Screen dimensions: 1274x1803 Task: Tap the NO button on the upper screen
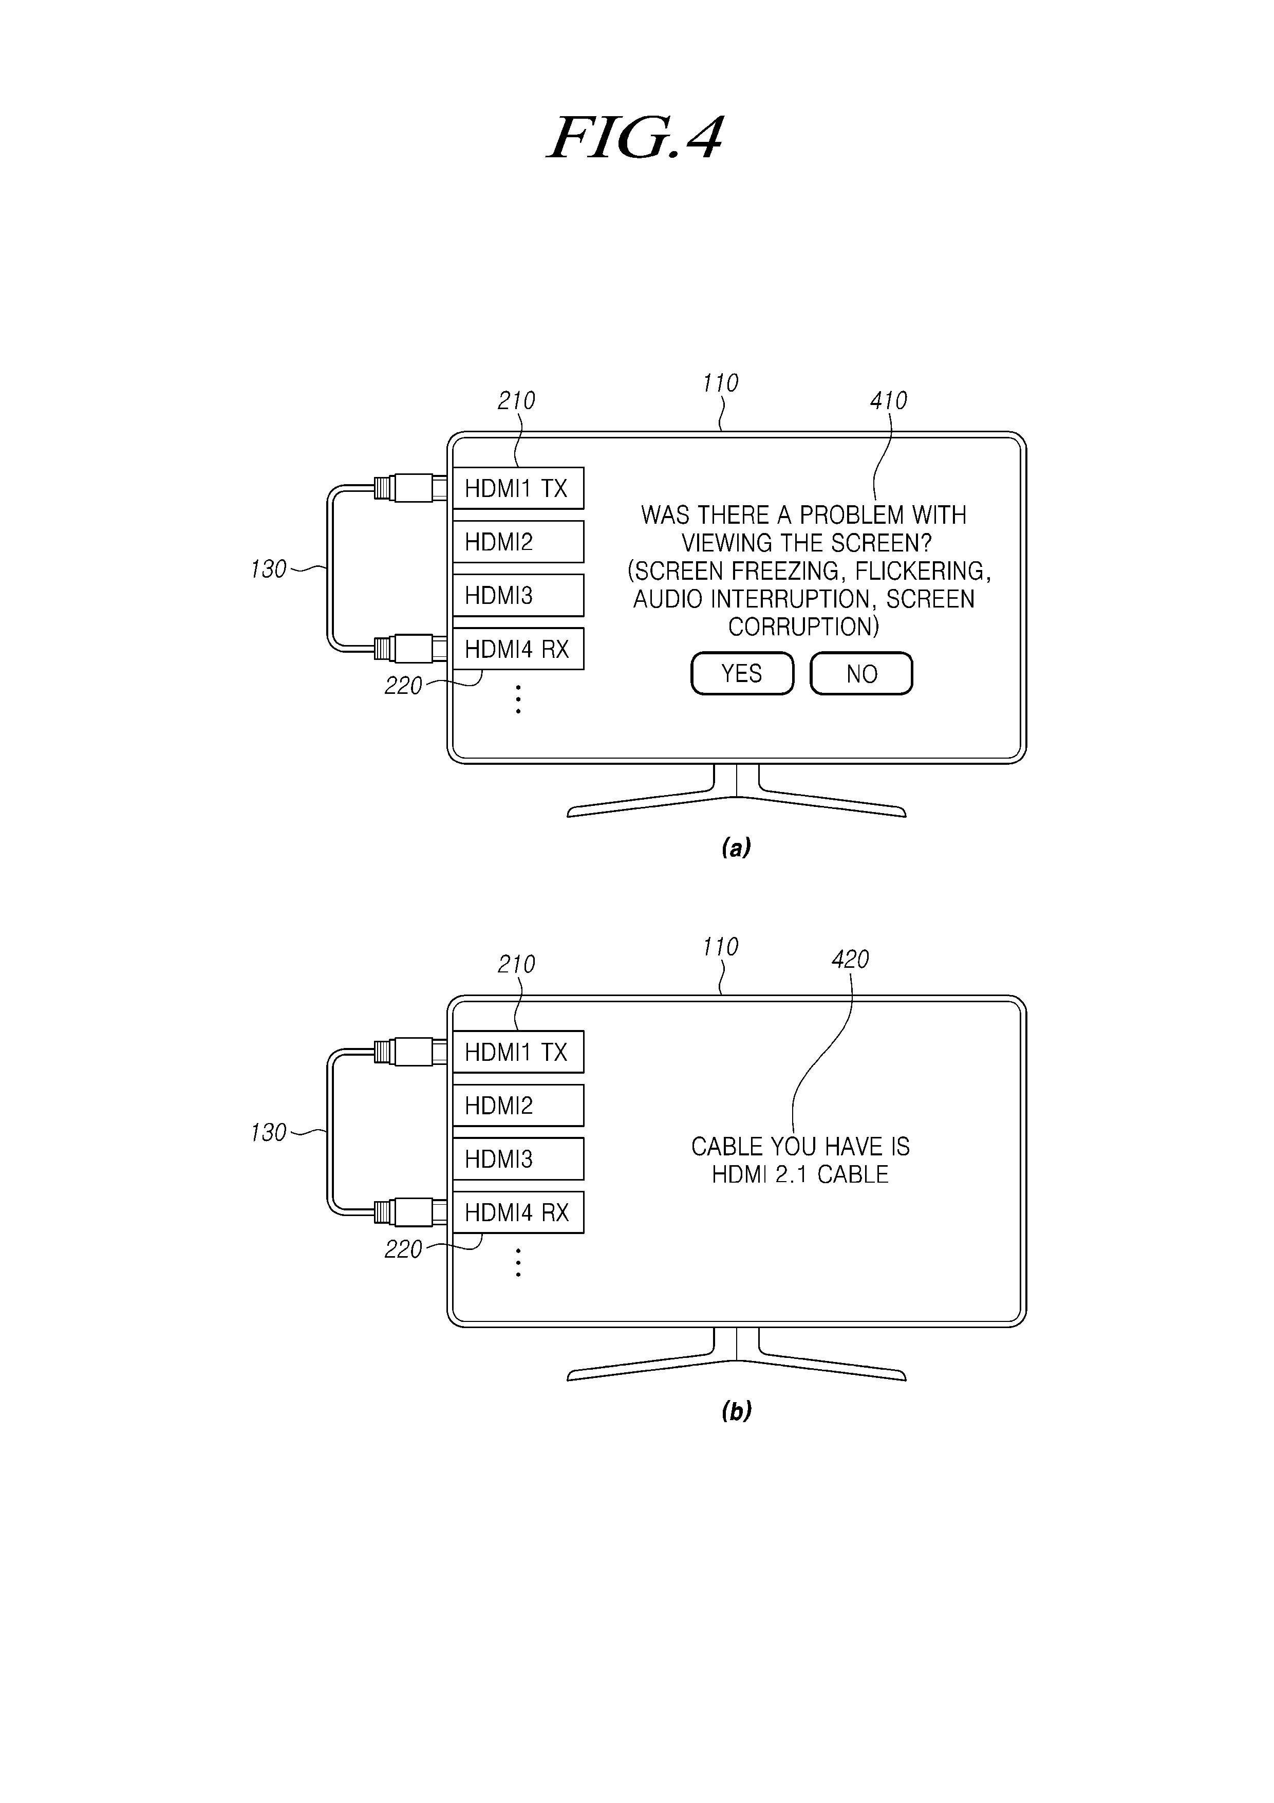tap(861, 674)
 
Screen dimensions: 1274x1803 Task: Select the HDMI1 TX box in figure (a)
tap(518, 488)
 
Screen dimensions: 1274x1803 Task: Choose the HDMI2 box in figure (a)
tap(518, 542)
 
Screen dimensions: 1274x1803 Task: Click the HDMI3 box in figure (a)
tap(518, 595)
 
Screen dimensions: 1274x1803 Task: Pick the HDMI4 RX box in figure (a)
tap(518, 649)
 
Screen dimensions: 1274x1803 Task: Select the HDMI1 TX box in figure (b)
tap(518, 1052)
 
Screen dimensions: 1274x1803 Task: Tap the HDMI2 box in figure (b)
tap(518, 1106)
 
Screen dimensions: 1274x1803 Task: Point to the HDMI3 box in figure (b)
tap(518, 1159)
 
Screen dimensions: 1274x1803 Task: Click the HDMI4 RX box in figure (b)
tap(518, 1212)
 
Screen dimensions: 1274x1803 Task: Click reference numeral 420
tap(850, 960)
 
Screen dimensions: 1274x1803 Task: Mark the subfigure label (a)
tap(736, 848)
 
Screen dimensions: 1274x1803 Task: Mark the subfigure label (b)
tap(736, 1411)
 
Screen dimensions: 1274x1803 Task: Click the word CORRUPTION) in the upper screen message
tap(804, 627)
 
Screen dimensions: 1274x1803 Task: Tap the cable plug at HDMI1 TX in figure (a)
tap(410, 488)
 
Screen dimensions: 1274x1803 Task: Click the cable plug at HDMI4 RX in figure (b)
tap(410, 1212)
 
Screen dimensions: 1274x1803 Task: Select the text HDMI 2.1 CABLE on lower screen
tap(800, 1175)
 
